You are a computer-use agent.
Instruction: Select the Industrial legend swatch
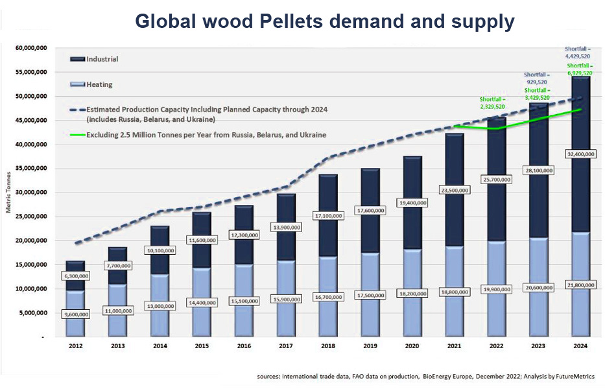(77, 59)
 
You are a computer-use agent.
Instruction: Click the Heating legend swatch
(77, 85)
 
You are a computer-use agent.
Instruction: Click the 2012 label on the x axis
(76, 346)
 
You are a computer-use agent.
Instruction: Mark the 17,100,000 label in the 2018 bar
(328, 215)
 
